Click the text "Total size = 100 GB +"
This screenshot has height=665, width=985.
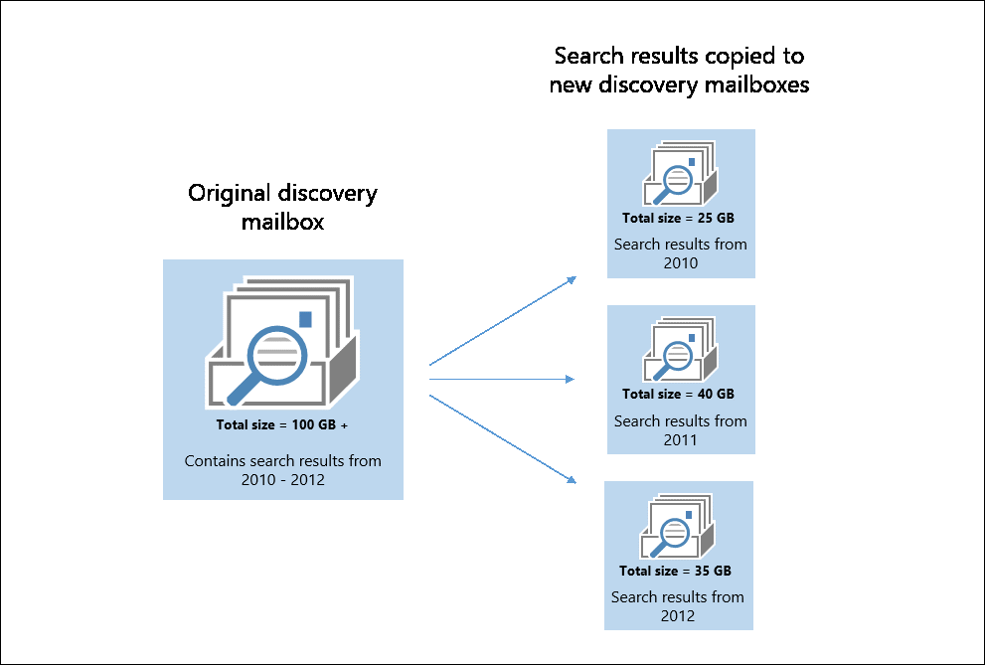[282, 424]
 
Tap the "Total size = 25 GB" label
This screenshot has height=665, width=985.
[678, 218]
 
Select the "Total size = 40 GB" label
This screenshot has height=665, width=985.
[678, 394]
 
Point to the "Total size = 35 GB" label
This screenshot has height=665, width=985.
[675, 571]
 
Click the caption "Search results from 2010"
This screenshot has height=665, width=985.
[681, 253]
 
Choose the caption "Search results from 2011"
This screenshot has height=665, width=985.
[681, 430]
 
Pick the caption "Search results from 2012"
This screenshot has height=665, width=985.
[678, 606]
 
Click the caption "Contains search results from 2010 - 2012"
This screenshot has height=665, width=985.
[283, 470]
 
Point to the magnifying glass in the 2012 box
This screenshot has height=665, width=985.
[675, 534]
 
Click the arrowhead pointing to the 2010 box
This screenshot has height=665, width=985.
[573, 279]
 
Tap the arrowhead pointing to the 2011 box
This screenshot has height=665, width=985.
[572, 379]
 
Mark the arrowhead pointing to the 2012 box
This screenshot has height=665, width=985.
[573, 481]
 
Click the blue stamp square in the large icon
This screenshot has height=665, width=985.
[305, 318]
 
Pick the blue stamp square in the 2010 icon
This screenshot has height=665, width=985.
[692, 161]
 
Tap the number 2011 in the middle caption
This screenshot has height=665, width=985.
[681, 439]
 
